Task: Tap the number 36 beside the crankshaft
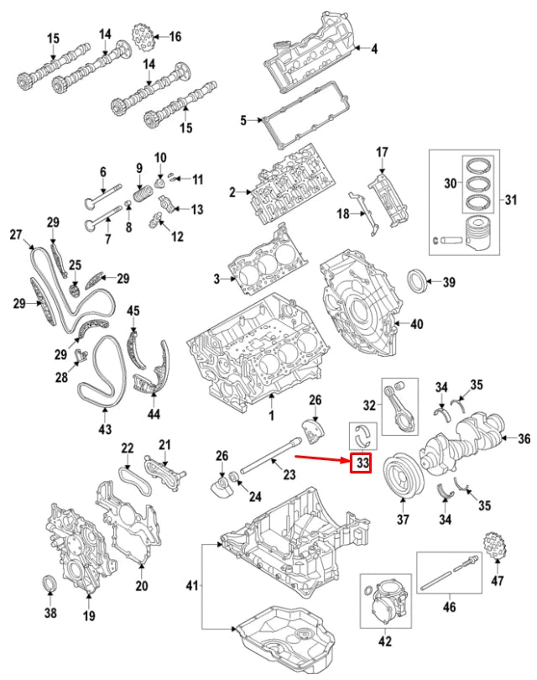(524, 438)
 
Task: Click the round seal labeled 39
(418, 281)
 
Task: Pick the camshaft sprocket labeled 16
(145, 39)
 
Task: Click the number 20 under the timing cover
(141, 585)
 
